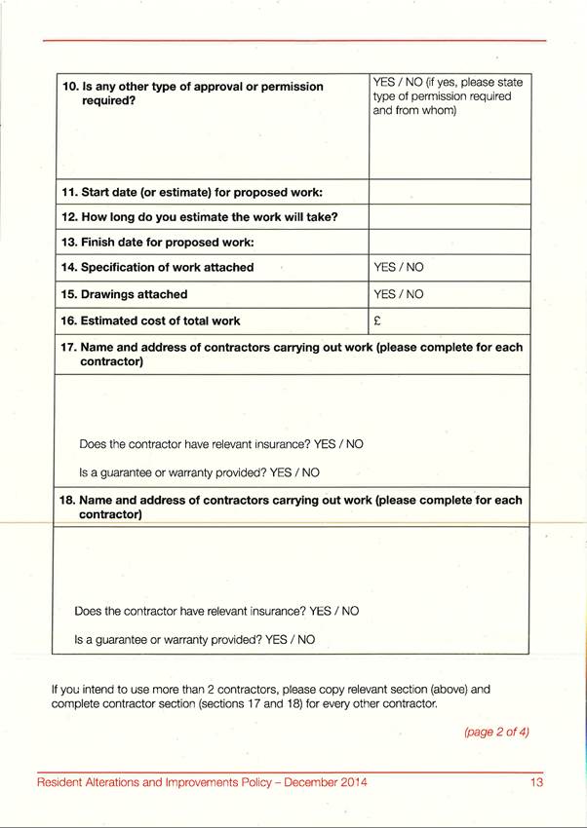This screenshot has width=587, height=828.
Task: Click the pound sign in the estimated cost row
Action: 376,320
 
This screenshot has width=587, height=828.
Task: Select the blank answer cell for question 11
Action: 449,192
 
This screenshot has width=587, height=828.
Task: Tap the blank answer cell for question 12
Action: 449,216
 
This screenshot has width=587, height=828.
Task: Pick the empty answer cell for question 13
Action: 449,242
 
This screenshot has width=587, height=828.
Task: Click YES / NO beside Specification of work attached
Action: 398,267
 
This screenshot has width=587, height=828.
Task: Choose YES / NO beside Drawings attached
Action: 398,294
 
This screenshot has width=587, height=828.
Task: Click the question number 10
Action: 69,87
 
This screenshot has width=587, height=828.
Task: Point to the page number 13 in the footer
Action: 536,782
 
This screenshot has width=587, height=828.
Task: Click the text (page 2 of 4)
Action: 496,732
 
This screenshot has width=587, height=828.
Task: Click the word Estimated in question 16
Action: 113,320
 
